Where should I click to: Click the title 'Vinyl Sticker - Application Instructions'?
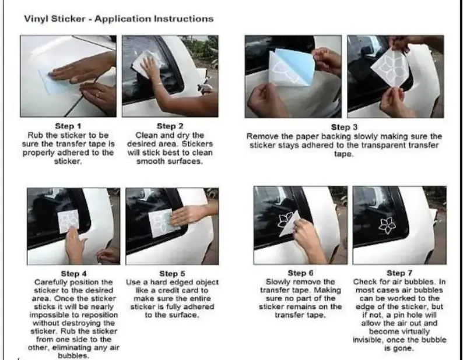click(x=119, y=19)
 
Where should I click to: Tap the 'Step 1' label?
click(x=68, y=126)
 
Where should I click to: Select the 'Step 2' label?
click(x=170, y=126)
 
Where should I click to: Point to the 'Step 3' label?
click(x=344, y=128)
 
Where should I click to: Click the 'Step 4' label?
click(x=73, y=274)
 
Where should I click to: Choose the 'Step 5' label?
click(x=172, y=274)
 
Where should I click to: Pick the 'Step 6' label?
click(x=300, y=273)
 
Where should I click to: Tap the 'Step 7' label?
click(x=399, y=273)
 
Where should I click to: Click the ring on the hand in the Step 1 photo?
click(x=99, y=94)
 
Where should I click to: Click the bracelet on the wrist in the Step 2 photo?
click(x=159, y=84)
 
